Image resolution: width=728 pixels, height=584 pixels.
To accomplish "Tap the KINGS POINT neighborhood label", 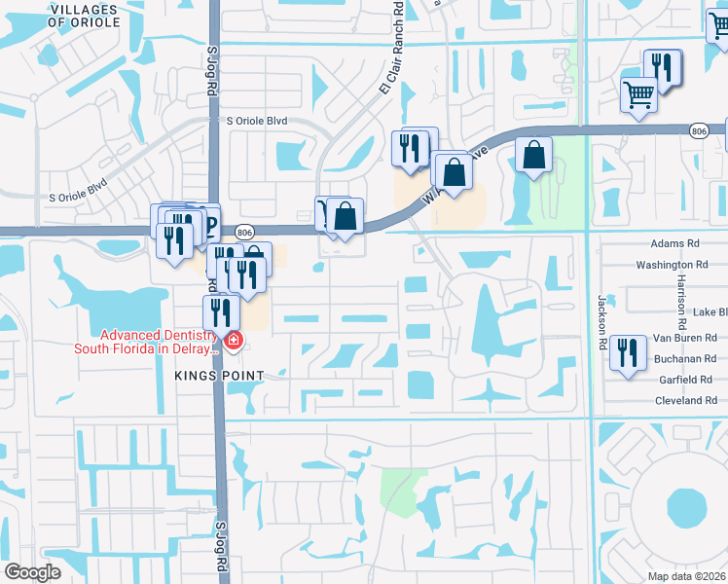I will pos(220,374).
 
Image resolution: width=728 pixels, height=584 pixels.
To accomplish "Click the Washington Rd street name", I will pos(672,265).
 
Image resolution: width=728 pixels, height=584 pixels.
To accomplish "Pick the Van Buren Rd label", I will pos(685,338).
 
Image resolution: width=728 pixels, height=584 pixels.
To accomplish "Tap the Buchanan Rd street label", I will pos(684,359).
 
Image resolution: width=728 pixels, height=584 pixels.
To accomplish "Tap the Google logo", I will pos(33,572).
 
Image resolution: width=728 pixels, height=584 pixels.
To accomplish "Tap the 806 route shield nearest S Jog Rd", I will pos(244,232).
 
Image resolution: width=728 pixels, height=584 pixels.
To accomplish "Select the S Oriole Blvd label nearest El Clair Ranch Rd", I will pos(257,122).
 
